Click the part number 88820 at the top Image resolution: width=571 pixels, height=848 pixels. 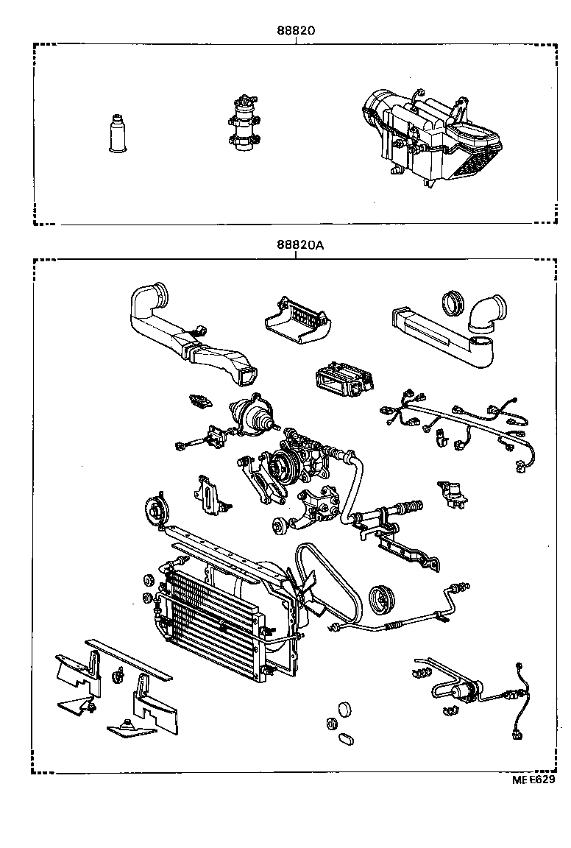[296, 31]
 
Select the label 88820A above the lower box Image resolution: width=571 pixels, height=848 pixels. [299, 245]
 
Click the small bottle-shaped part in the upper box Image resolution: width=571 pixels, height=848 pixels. [117, 134]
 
